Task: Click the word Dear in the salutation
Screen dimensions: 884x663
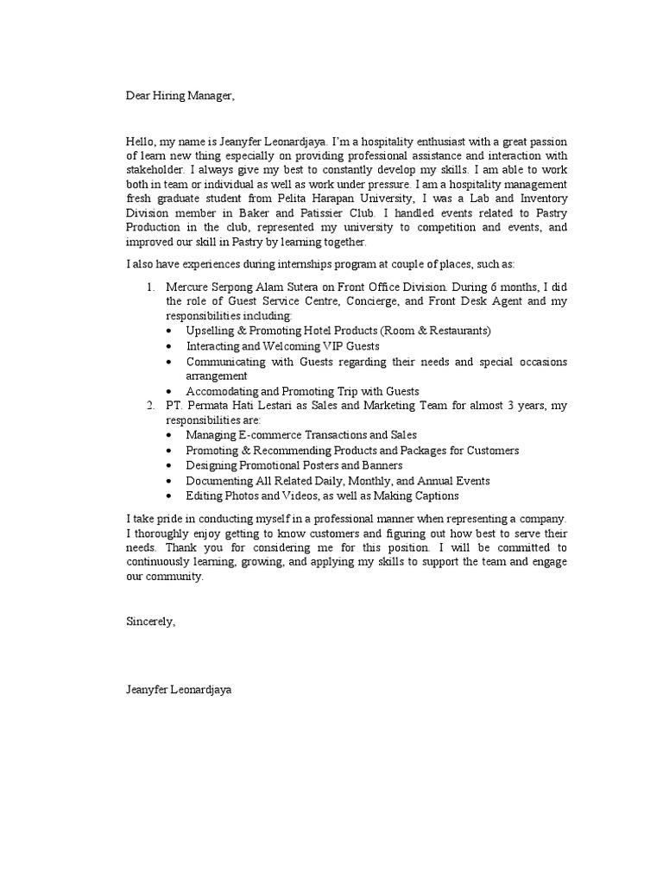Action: coord(139,96)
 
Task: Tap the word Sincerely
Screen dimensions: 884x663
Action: coord(151,621)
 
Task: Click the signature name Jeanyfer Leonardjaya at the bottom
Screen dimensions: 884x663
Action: coord(179,691)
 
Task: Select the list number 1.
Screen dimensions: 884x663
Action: coord(148,286)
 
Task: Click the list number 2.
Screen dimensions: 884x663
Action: coord(148,406)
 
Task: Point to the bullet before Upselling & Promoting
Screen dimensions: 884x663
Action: coord(167,331)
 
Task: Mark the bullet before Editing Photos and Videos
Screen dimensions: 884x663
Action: coord(167,496)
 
